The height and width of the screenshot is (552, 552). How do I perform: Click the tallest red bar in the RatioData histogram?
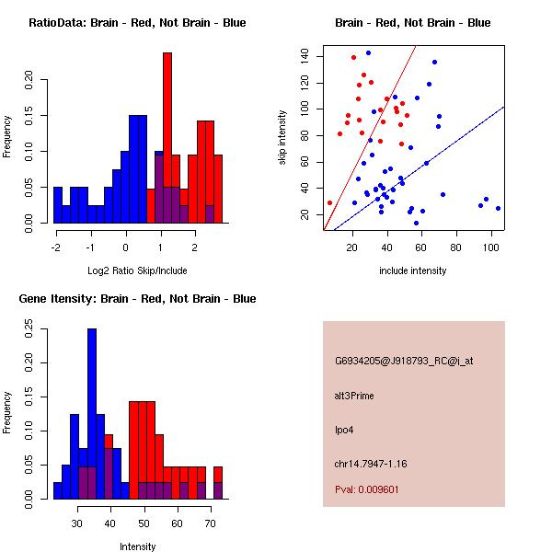[x=167, y=138]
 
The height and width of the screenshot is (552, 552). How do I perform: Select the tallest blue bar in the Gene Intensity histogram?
[x=92, y=414]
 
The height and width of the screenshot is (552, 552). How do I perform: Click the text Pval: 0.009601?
[x=367, y=489]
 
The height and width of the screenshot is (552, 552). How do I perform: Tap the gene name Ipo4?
[x=344, y=431]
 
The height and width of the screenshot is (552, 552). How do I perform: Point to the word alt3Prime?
[x=354, y=396]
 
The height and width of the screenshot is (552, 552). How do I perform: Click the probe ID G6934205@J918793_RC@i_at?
[x=404, y=362]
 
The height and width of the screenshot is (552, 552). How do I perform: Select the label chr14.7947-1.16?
[x=371, y=464]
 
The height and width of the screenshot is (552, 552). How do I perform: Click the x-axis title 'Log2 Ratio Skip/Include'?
[x=137, y=270]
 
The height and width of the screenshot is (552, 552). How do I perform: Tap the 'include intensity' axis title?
[x=412, y=270]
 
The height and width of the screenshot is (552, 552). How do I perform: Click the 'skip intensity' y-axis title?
[x=282, y=137]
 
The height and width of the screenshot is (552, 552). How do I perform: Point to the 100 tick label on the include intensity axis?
[x=490, y=247]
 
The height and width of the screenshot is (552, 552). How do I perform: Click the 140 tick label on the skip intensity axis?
[x=305, y=56]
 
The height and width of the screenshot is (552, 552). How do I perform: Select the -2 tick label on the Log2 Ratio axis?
[x=55, y=247]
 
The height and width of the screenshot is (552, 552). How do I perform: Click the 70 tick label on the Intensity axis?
[x=211, y=523]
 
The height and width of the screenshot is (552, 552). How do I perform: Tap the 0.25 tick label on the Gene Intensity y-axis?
[x=29, y=328]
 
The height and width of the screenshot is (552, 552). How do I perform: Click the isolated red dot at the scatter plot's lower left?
[x=330, y=202]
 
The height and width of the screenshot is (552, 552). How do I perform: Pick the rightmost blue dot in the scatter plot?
[x=498, y=209]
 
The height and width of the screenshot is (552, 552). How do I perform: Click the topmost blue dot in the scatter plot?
[x=369, y=52]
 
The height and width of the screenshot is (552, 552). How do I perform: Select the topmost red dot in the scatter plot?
[x=354, y=57]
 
